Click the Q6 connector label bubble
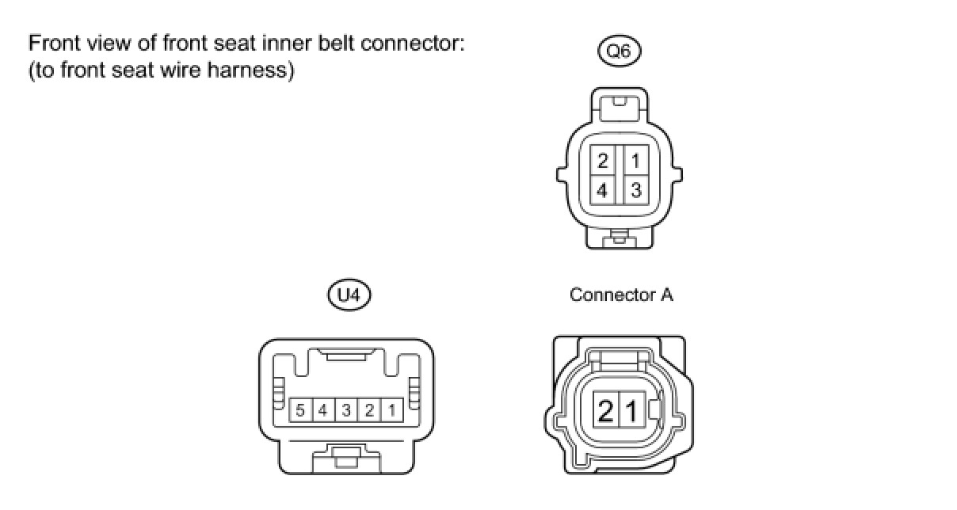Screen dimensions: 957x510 (x=619, y=52)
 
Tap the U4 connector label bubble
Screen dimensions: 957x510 (x=349, y=296)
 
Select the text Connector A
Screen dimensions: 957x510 (x=621, y=295)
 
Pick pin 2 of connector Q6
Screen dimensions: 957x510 (x=604, y=161)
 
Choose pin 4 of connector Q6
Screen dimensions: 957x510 (x=604, y=190)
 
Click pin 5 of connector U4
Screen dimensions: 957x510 (x=300, y=410)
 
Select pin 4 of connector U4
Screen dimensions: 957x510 (x=323, y=410)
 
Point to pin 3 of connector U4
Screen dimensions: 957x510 (x=346, y=410)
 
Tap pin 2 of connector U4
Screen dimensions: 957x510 (x=369, y=410)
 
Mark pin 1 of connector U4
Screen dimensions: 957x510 (x=392, y=410)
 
